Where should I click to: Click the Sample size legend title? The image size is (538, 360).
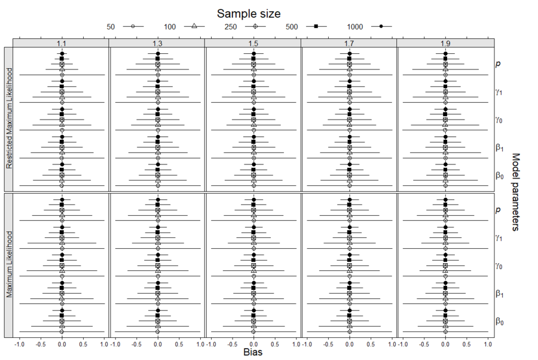click(248, 13)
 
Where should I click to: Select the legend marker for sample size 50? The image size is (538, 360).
click(133, 26)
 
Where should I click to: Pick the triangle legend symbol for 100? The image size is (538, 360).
click(194, 26)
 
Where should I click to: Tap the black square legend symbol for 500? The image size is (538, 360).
click(316, 26)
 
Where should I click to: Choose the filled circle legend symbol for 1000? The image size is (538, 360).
click(381, 26)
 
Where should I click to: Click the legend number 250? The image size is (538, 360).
click(230, 27)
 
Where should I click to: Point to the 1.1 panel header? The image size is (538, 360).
click(61, 44)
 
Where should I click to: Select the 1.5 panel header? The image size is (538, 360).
click(253, 44)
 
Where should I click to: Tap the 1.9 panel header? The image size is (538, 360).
click(445, 44)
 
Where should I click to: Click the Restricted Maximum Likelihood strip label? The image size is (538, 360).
click(9, 119)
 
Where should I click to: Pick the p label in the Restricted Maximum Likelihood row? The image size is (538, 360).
click(498, 63)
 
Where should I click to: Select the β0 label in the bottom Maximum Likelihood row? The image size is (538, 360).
click(499, 321)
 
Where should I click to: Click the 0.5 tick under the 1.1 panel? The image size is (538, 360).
click(83, 344)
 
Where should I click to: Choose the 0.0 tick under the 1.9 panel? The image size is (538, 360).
click(445, 344)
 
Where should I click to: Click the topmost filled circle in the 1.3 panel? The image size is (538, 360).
click(158, 54)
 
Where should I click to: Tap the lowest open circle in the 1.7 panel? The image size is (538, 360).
click(350, 331)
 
